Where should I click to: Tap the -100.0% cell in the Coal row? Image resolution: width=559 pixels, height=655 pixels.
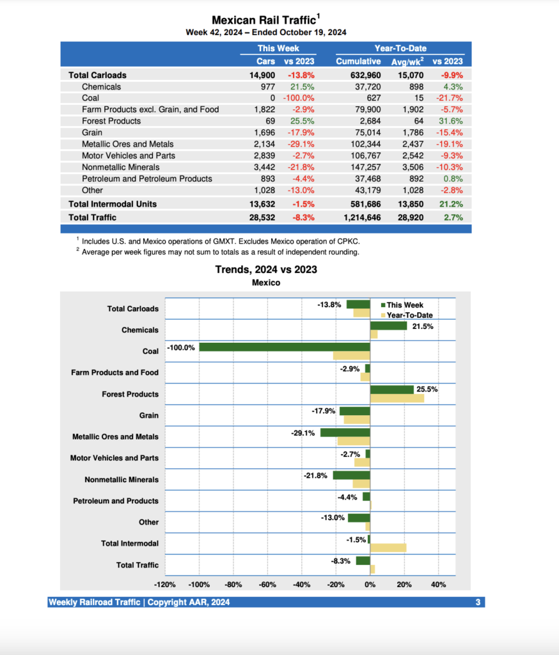(x=298, y=98)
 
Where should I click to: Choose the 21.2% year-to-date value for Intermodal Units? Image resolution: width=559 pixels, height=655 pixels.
(x=449, y=204)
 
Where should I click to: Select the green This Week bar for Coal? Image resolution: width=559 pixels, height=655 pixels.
(x=285, y=347)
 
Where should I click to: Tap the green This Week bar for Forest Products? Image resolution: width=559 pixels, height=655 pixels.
(x=391, y=390)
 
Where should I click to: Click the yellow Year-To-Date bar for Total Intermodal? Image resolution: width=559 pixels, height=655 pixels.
(x=388, y=548)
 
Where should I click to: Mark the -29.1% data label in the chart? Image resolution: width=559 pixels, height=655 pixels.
(x=303, y=433)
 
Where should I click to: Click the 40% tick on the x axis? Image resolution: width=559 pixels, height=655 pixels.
(x=439, y=585)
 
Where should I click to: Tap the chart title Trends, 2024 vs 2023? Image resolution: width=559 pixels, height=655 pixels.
(x=266, y=270)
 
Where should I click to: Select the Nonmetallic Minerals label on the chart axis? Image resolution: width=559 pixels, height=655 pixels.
(x=122, y=480)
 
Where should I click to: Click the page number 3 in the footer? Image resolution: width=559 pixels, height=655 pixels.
(x=478, y=603)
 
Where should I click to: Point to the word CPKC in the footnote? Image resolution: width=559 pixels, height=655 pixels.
(x=356, y=241)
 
